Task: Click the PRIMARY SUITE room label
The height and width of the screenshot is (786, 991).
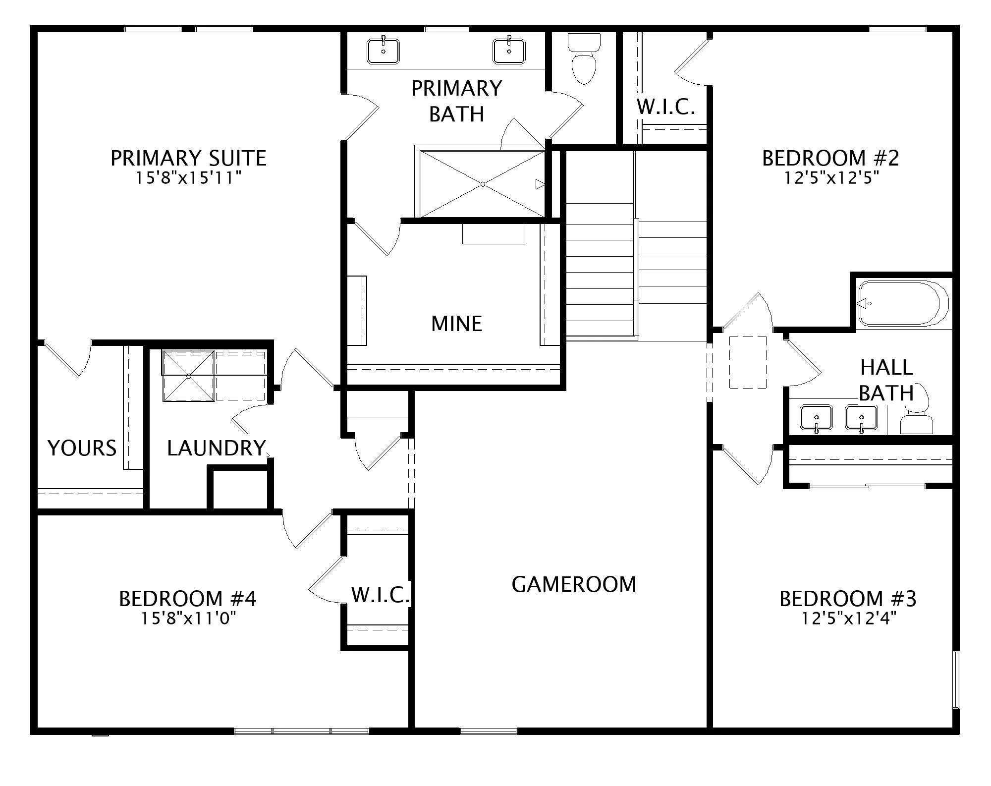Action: tap(188, 158)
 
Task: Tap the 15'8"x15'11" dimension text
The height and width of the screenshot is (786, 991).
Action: tap(188, 178)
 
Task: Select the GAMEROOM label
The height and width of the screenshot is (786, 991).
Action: tap(574, 584)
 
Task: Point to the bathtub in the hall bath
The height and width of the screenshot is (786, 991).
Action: tap(903, 303)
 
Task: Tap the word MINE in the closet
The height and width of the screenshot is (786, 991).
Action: tap(456, 324)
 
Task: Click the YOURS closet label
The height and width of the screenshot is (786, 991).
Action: tap(82, 448)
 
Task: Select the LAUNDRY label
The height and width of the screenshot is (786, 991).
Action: tap(217, 448)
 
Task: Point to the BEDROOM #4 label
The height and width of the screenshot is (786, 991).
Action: tap(188, 599)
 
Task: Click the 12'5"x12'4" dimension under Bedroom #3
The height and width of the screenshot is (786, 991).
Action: tap(849, 618)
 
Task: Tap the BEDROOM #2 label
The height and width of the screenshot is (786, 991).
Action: tap(830, 158)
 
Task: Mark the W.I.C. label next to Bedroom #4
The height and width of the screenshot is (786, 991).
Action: tap(381, 595)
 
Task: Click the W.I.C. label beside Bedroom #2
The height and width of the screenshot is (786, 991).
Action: tap(666, 107)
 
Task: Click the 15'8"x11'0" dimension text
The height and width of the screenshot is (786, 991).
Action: tap(188, 618)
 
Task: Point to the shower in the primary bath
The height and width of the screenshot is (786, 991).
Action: tap(483, 184)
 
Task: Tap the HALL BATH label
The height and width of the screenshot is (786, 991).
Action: tap(886, 380)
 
